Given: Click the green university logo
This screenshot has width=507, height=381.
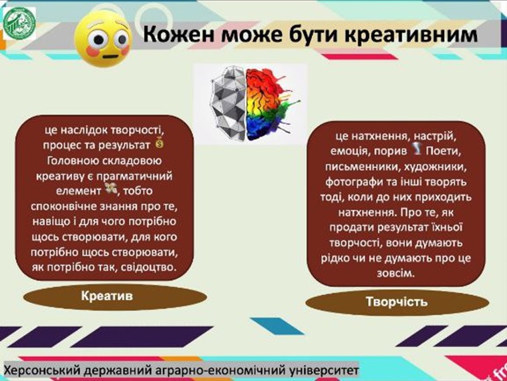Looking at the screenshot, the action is [19, 23].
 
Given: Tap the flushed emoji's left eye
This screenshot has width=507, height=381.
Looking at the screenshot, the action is [98, 39].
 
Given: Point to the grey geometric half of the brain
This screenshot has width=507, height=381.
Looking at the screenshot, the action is [228, 103].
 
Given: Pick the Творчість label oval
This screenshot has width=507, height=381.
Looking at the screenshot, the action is [397, 303].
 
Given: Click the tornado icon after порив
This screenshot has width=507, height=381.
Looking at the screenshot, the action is [416, 149].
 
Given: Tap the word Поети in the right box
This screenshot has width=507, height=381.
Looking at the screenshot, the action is [443, 151].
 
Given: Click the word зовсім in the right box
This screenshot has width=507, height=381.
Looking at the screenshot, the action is [395, 274].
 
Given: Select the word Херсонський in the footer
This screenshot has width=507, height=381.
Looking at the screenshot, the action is [43, 370].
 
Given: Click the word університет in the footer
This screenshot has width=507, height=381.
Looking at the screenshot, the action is [324, 370].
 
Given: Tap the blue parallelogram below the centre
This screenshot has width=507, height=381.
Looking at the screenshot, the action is [277, 326].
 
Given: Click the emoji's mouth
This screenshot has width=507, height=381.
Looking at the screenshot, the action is [110, 56].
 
